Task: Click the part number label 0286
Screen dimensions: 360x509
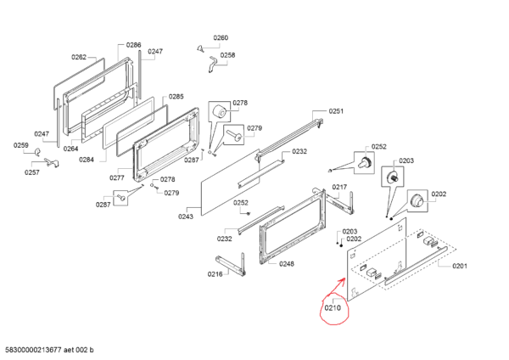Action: pyautogui.click(x=134, y=44)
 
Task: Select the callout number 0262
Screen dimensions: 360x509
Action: pyautogui.click(x=79, y=57)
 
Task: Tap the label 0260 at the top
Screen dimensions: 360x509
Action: pyautogui.click(x=221, y=38)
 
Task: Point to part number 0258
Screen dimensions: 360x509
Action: pyautogui.click(x=227, y=55)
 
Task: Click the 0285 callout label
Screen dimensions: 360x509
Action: pyautogui.click(x=176, y=97)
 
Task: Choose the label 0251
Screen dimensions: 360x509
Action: pyautogui.click(x=337, y=111)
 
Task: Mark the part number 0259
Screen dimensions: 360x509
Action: pyautogui.click(x=20, y=145)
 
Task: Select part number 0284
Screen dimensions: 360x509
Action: pyautogui.click(x=87, y=160)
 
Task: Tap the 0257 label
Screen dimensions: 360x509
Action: pyautogui.click(x=31, y=172)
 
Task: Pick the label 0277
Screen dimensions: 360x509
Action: pyautogui.click(x=117, y=177)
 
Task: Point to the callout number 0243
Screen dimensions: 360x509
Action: pyautogui.click(x=185, y=217)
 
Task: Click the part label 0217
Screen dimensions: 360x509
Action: pyautogui.click(x=339, y=187)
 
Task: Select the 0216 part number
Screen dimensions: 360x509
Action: pyautogui.click(x=215, y=273)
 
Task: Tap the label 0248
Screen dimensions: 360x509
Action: pyautogui.click(x=287, y=263)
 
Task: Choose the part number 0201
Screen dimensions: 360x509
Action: pyautogui.click(x=459, y=266)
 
